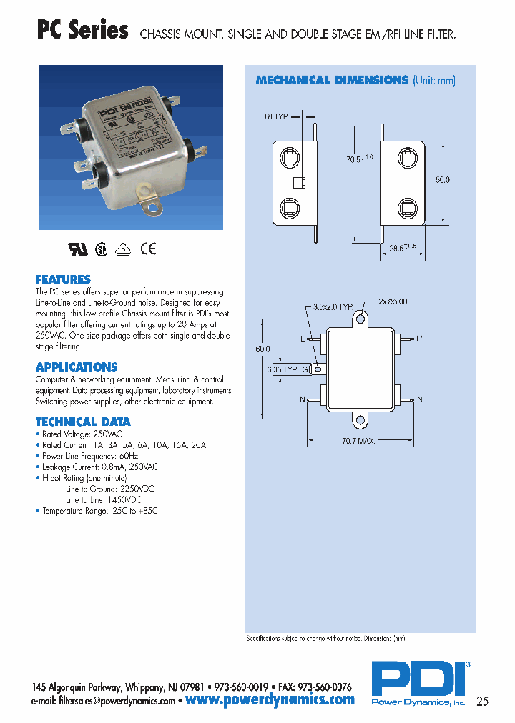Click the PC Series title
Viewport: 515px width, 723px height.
[82, 31]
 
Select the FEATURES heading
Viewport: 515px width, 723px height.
[63, 279]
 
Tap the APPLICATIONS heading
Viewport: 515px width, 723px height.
[77, 367]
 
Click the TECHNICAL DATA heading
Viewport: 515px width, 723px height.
[83, 422]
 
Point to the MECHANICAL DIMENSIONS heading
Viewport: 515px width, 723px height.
[332, 80]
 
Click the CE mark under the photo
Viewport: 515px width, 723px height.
[148, 249]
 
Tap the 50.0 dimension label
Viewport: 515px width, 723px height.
[443, 180]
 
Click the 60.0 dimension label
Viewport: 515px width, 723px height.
[263, 349]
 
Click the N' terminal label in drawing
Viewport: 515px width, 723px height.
[421, 399]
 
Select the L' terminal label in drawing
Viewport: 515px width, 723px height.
[421, 339]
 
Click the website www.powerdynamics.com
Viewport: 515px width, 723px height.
[270, 699]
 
